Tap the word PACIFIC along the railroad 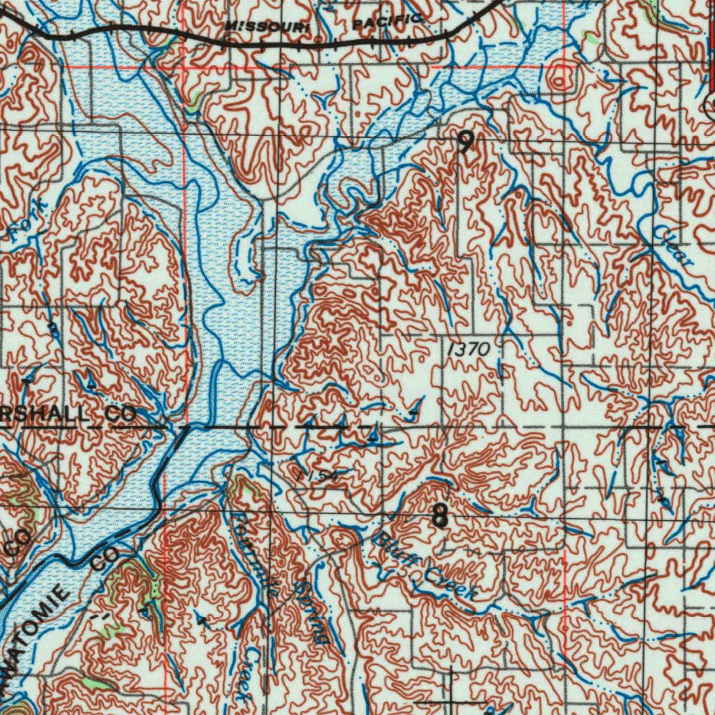click(x=387, y=22)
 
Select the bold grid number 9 click(x=464, y=144)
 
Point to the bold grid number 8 click(x=439, y=517)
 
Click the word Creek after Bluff click(x=451, y=584)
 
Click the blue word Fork click(x=28, y=222)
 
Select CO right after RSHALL click(x=121, y=413)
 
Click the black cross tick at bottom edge click(x=451, y=698)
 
